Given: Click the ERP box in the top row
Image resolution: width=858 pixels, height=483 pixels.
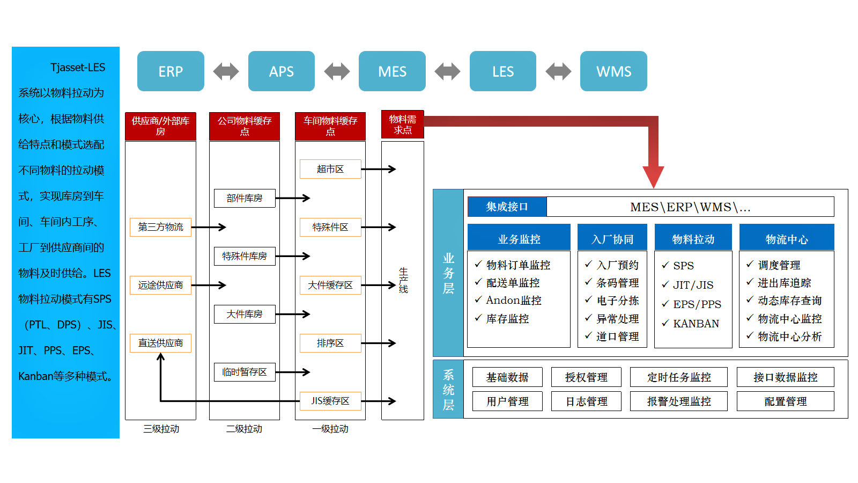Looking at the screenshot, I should tap(171, 71).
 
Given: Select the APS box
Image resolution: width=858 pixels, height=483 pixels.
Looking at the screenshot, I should tap(281, 71).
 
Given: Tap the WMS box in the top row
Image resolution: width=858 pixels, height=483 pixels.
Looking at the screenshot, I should tap(613, 71).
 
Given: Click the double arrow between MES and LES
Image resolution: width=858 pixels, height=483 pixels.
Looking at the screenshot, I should tap(447, 71).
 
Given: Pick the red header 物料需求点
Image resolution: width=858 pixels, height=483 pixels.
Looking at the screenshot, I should tap(402, 125).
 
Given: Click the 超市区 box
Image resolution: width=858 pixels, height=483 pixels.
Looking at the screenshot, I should tap(330, 169).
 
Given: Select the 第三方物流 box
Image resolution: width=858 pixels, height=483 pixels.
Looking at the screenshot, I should tap(160, 227).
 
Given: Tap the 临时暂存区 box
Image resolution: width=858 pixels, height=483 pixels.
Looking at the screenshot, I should tap(245, 372).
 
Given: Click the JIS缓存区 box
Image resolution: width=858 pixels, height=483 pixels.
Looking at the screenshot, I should tap(330, 401).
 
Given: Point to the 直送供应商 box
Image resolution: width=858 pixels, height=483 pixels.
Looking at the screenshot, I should tap(160, 343).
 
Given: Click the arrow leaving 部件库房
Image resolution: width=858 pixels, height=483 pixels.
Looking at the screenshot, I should tap(293, 198).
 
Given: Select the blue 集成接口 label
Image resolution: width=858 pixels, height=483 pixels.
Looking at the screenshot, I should tap(507, 207).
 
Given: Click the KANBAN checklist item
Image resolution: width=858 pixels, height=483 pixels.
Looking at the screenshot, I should tap(696, 324).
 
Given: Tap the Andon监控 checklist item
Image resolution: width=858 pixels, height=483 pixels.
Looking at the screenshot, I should tap(513, 301).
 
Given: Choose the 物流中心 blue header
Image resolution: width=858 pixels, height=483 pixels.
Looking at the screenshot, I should tap(786, 239).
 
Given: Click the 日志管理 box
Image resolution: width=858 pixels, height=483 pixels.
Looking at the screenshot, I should tap(586, 401).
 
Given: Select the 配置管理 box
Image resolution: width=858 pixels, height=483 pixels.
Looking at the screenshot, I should tap(785, 401).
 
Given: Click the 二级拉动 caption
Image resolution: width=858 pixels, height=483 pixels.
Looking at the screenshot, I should tap(244, 429).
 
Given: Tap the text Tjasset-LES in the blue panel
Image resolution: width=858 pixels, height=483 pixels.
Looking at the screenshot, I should tap(78, 68).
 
